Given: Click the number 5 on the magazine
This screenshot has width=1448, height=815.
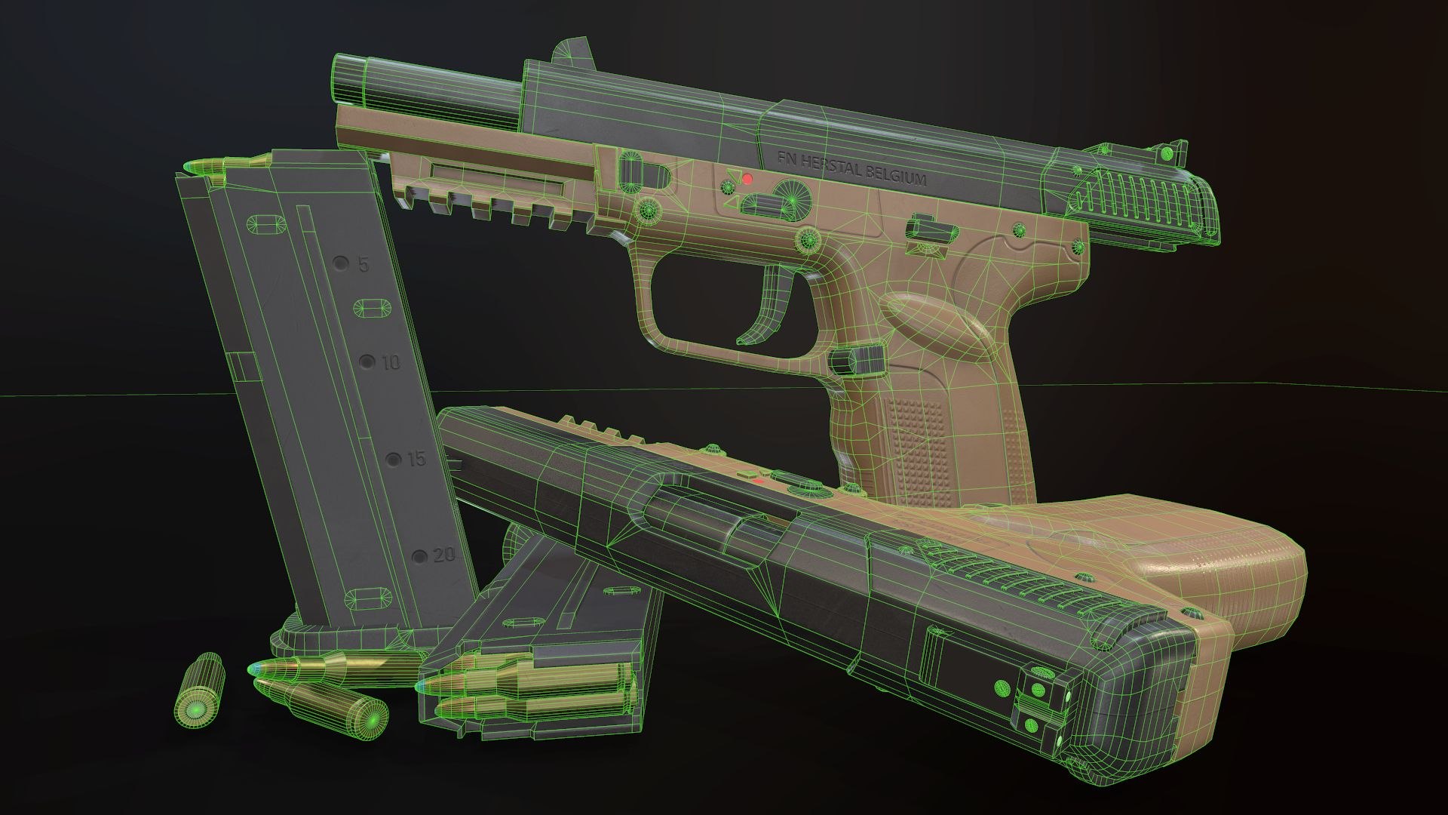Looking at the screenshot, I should coord(363,265).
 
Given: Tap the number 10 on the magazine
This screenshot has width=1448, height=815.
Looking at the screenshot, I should coord(390,363).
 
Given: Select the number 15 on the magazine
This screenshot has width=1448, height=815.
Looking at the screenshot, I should coord(416,459).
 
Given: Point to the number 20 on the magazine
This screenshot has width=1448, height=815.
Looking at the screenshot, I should coord(444,556).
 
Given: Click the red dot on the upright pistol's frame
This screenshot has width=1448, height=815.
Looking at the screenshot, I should coord(747,179).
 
